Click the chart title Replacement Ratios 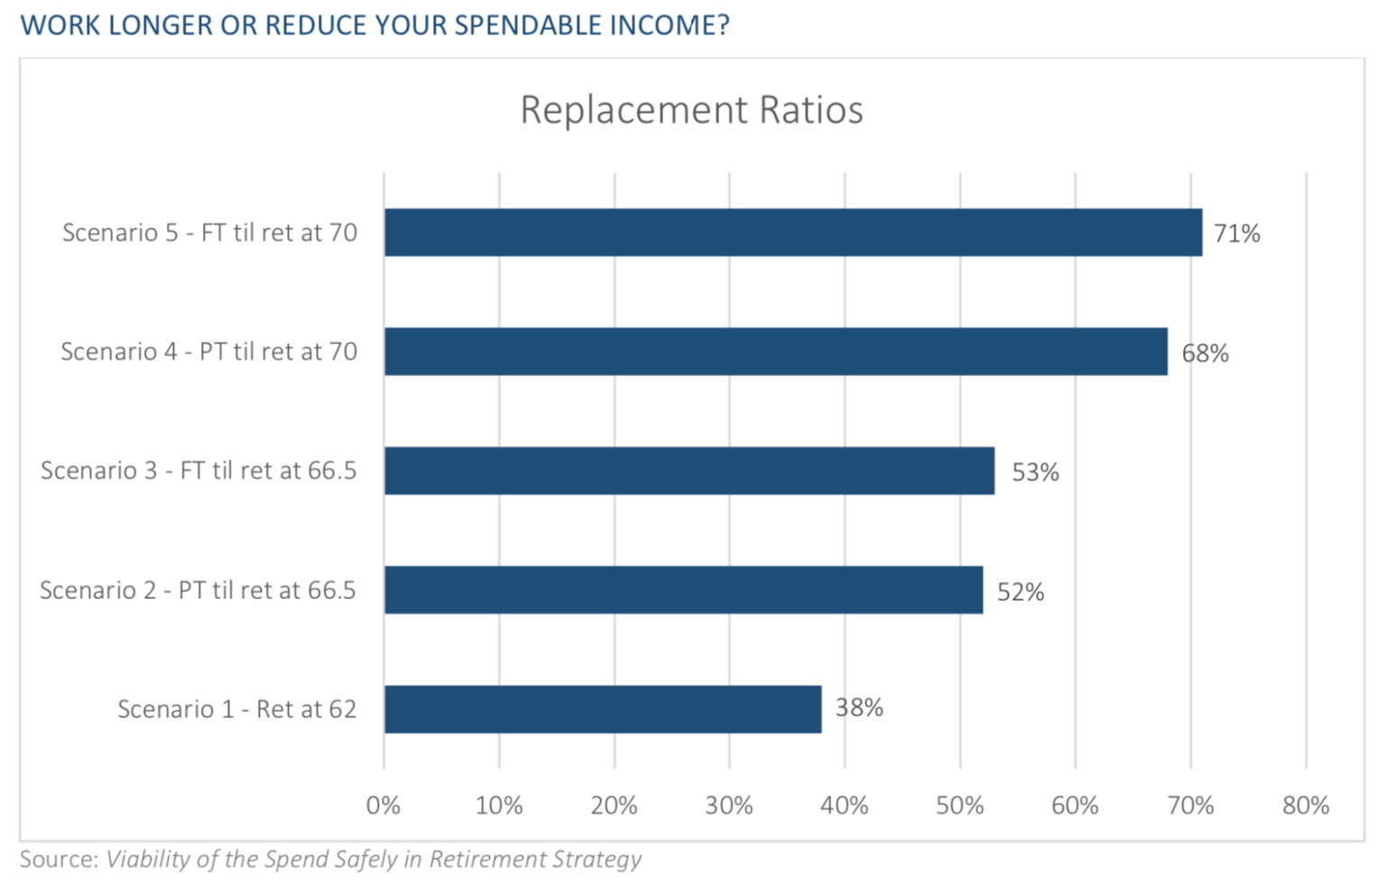click(x=691, y=110)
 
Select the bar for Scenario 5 click(x=792, y=233)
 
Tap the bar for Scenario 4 click(x=775, y=352)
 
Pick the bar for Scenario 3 click(x=688, y=471)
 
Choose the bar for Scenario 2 click(x=683, y=590)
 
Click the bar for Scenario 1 click(x=602, y=709)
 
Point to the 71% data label click(x=1236, y=234)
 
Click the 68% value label click(x=1205, y=353)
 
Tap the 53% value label click(x=1034, y=472)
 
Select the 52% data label click(x=1020, y=592)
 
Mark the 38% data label click(x=858, y=707)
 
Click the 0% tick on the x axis click(x=383, y=805)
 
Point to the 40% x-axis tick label click(x=844, y=805)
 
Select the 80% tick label click(x=1306, y=805)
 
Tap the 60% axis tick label click(x=1075, y=805)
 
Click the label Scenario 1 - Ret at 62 click(x=236, y=709)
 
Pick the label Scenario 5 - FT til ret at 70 click(x=209, y=233)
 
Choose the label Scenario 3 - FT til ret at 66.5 click(x=199, y=471)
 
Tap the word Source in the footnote click(x=56, y=859)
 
